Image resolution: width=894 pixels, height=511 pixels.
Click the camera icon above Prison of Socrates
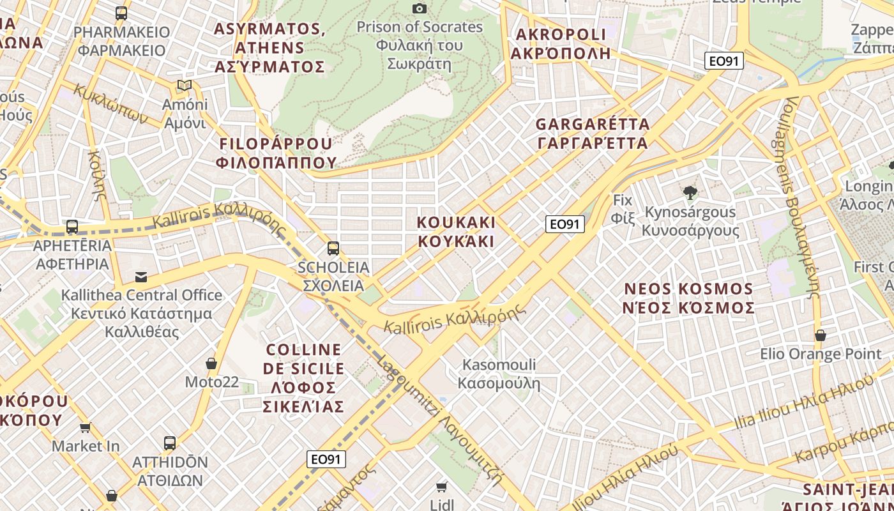(x=420, y=8)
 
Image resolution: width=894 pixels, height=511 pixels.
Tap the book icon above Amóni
(x=185, y=86)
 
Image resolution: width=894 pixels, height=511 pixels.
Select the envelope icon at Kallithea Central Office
(x=141, y=277)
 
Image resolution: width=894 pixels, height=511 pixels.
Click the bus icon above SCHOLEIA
(x=333, y=248)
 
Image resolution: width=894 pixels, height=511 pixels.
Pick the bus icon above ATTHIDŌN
(x=170, y=443)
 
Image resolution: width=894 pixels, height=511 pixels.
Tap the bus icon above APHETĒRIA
(x=72, y=227)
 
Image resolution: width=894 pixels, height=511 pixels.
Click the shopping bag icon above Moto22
(x=211, y=363)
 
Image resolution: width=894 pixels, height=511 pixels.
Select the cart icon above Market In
(x=86, y=427)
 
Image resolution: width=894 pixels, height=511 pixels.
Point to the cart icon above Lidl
(x=441, y=487)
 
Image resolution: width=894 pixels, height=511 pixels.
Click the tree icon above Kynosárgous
(x=690, y=192)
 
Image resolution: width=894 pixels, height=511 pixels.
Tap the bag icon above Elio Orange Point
(x=821, y=335)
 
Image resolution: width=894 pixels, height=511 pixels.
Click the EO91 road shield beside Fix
(x=565, y=224)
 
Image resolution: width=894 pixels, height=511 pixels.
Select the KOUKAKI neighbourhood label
(x=456, y=231)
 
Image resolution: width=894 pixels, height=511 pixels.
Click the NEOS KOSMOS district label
(x=689, y=298)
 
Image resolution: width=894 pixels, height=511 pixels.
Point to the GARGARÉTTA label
(x=593, y=133)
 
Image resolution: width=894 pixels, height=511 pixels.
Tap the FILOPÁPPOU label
(x=276, y=153)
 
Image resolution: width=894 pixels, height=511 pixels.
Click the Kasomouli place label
(x=499, y=374)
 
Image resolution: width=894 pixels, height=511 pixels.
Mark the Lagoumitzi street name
(x=440, y=422)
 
